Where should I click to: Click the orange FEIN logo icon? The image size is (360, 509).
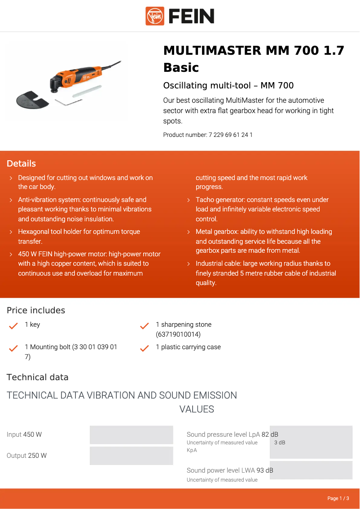pyautogui.click(x=155, y=16)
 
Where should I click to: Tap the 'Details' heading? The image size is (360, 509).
pyautogui.click(x=21, y=163)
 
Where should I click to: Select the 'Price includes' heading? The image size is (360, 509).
pyautogui.click(x=36, y=310)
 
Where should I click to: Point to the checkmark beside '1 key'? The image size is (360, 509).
pyautogui.click(x=13, y=326)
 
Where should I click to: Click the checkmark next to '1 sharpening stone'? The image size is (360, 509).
pyautogui.click(x=145, y=326)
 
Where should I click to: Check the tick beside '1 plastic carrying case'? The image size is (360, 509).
pyautogui.click(x=145, y=348)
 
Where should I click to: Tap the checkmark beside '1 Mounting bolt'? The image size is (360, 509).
pyautogui.click(x=13, y=348)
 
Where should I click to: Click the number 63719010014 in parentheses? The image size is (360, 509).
pyautogui.click(x=178, y=334)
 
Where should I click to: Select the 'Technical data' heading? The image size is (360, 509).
pyautogui.click(x=38, y=377)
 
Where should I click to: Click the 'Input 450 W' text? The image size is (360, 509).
pyautogui.click(x=24, y=434)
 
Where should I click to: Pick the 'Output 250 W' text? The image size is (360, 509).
pyautogui.click(x=26, y=456)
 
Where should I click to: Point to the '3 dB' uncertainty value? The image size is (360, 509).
pyautogui.click(x=280, y=443)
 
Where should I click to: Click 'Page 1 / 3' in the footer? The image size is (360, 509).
pyautogui.click(x=338, y=498)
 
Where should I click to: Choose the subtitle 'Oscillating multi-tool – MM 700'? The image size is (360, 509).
pyautogui.click(x=228, y=85)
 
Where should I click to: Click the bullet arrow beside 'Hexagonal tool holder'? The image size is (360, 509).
pyautogui.click(x=11, y=232)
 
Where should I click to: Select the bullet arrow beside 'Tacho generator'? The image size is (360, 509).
pyautogui.click(x=189, y=200)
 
